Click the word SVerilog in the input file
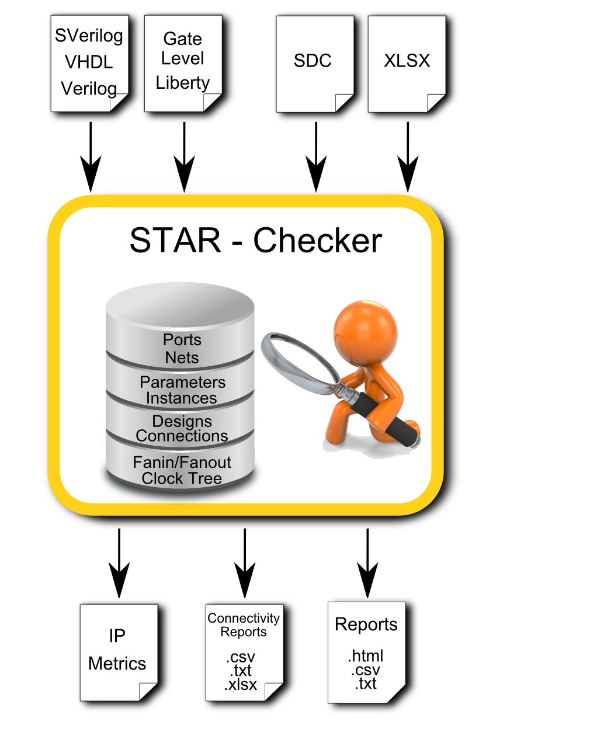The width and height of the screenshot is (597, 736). tap(89, 36)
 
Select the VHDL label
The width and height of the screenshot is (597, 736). tap(89, 62)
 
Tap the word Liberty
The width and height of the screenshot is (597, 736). tap(182, 83)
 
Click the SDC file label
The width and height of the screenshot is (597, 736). tap(313, 61)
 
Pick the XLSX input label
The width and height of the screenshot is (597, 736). tap(407, 61)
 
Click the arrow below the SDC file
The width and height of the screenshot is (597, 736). tap(316, 157)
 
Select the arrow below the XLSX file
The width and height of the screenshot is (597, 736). tap(408, 157)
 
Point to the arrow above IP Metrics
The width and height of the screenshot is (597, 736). tap(119, 563)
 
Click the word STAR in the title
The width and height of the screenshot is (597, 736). tap(175, 240)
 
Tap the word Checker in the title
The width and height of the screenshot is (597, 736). tap(318, 240)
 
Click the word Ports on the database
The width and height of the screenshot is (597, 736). tap(182, 339)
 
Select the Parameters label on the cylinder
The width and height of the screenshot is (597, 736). tap(182, 382)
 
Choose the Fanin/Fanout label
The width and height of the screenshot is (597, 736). tap(182, 462)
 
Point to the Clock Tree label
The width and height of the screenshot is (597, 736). tap(182, 478)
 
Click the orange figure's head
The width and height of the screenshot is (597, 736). tap(365, 332)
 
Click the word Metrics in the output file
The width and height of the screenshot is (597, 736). tap(117, 664)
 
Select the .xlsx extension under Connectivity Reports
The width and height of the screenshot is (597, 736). tap(241, 685)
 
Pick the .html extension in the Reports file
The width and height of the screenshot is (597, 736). tap(366, 656)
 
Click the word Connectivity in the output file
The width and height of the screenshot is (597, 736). tap(244, 618)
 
